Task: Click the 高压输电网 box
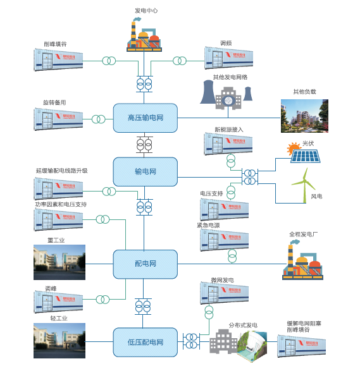[145, 118]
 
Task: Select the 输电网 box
[145, 171]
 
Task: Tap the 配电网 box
[145, 264]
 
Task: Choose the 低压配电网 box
[145, 343]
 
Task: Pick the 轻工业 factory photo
[59, 342]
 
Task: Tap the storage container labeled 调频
[228, 58]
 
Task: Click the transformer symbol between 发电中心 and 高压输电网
[144, 83]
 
